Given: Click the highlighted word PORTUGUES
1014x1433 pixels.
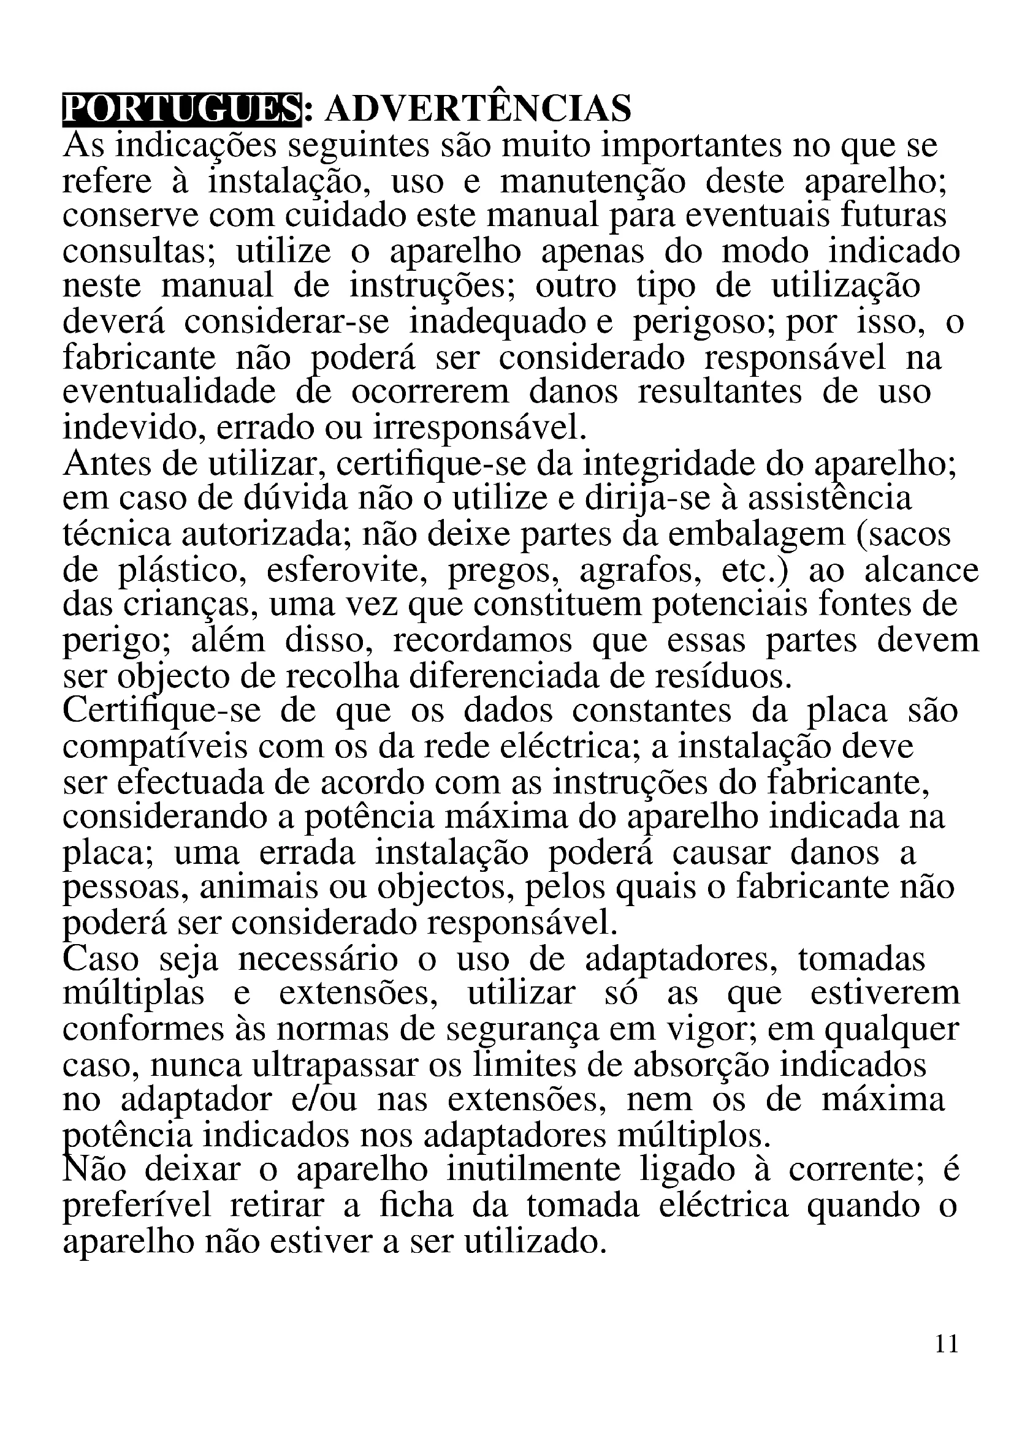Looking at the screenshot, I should click(x=181, y=109).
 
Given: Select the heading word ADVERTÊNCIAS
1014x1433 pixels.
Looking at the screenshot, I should click(x=478, y=109).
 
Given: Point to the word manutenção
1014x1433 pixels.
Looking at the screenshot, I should click(x=593, y=182).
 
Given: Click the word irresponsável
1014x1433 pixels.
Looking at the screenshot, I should click(x=481, y=429).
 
